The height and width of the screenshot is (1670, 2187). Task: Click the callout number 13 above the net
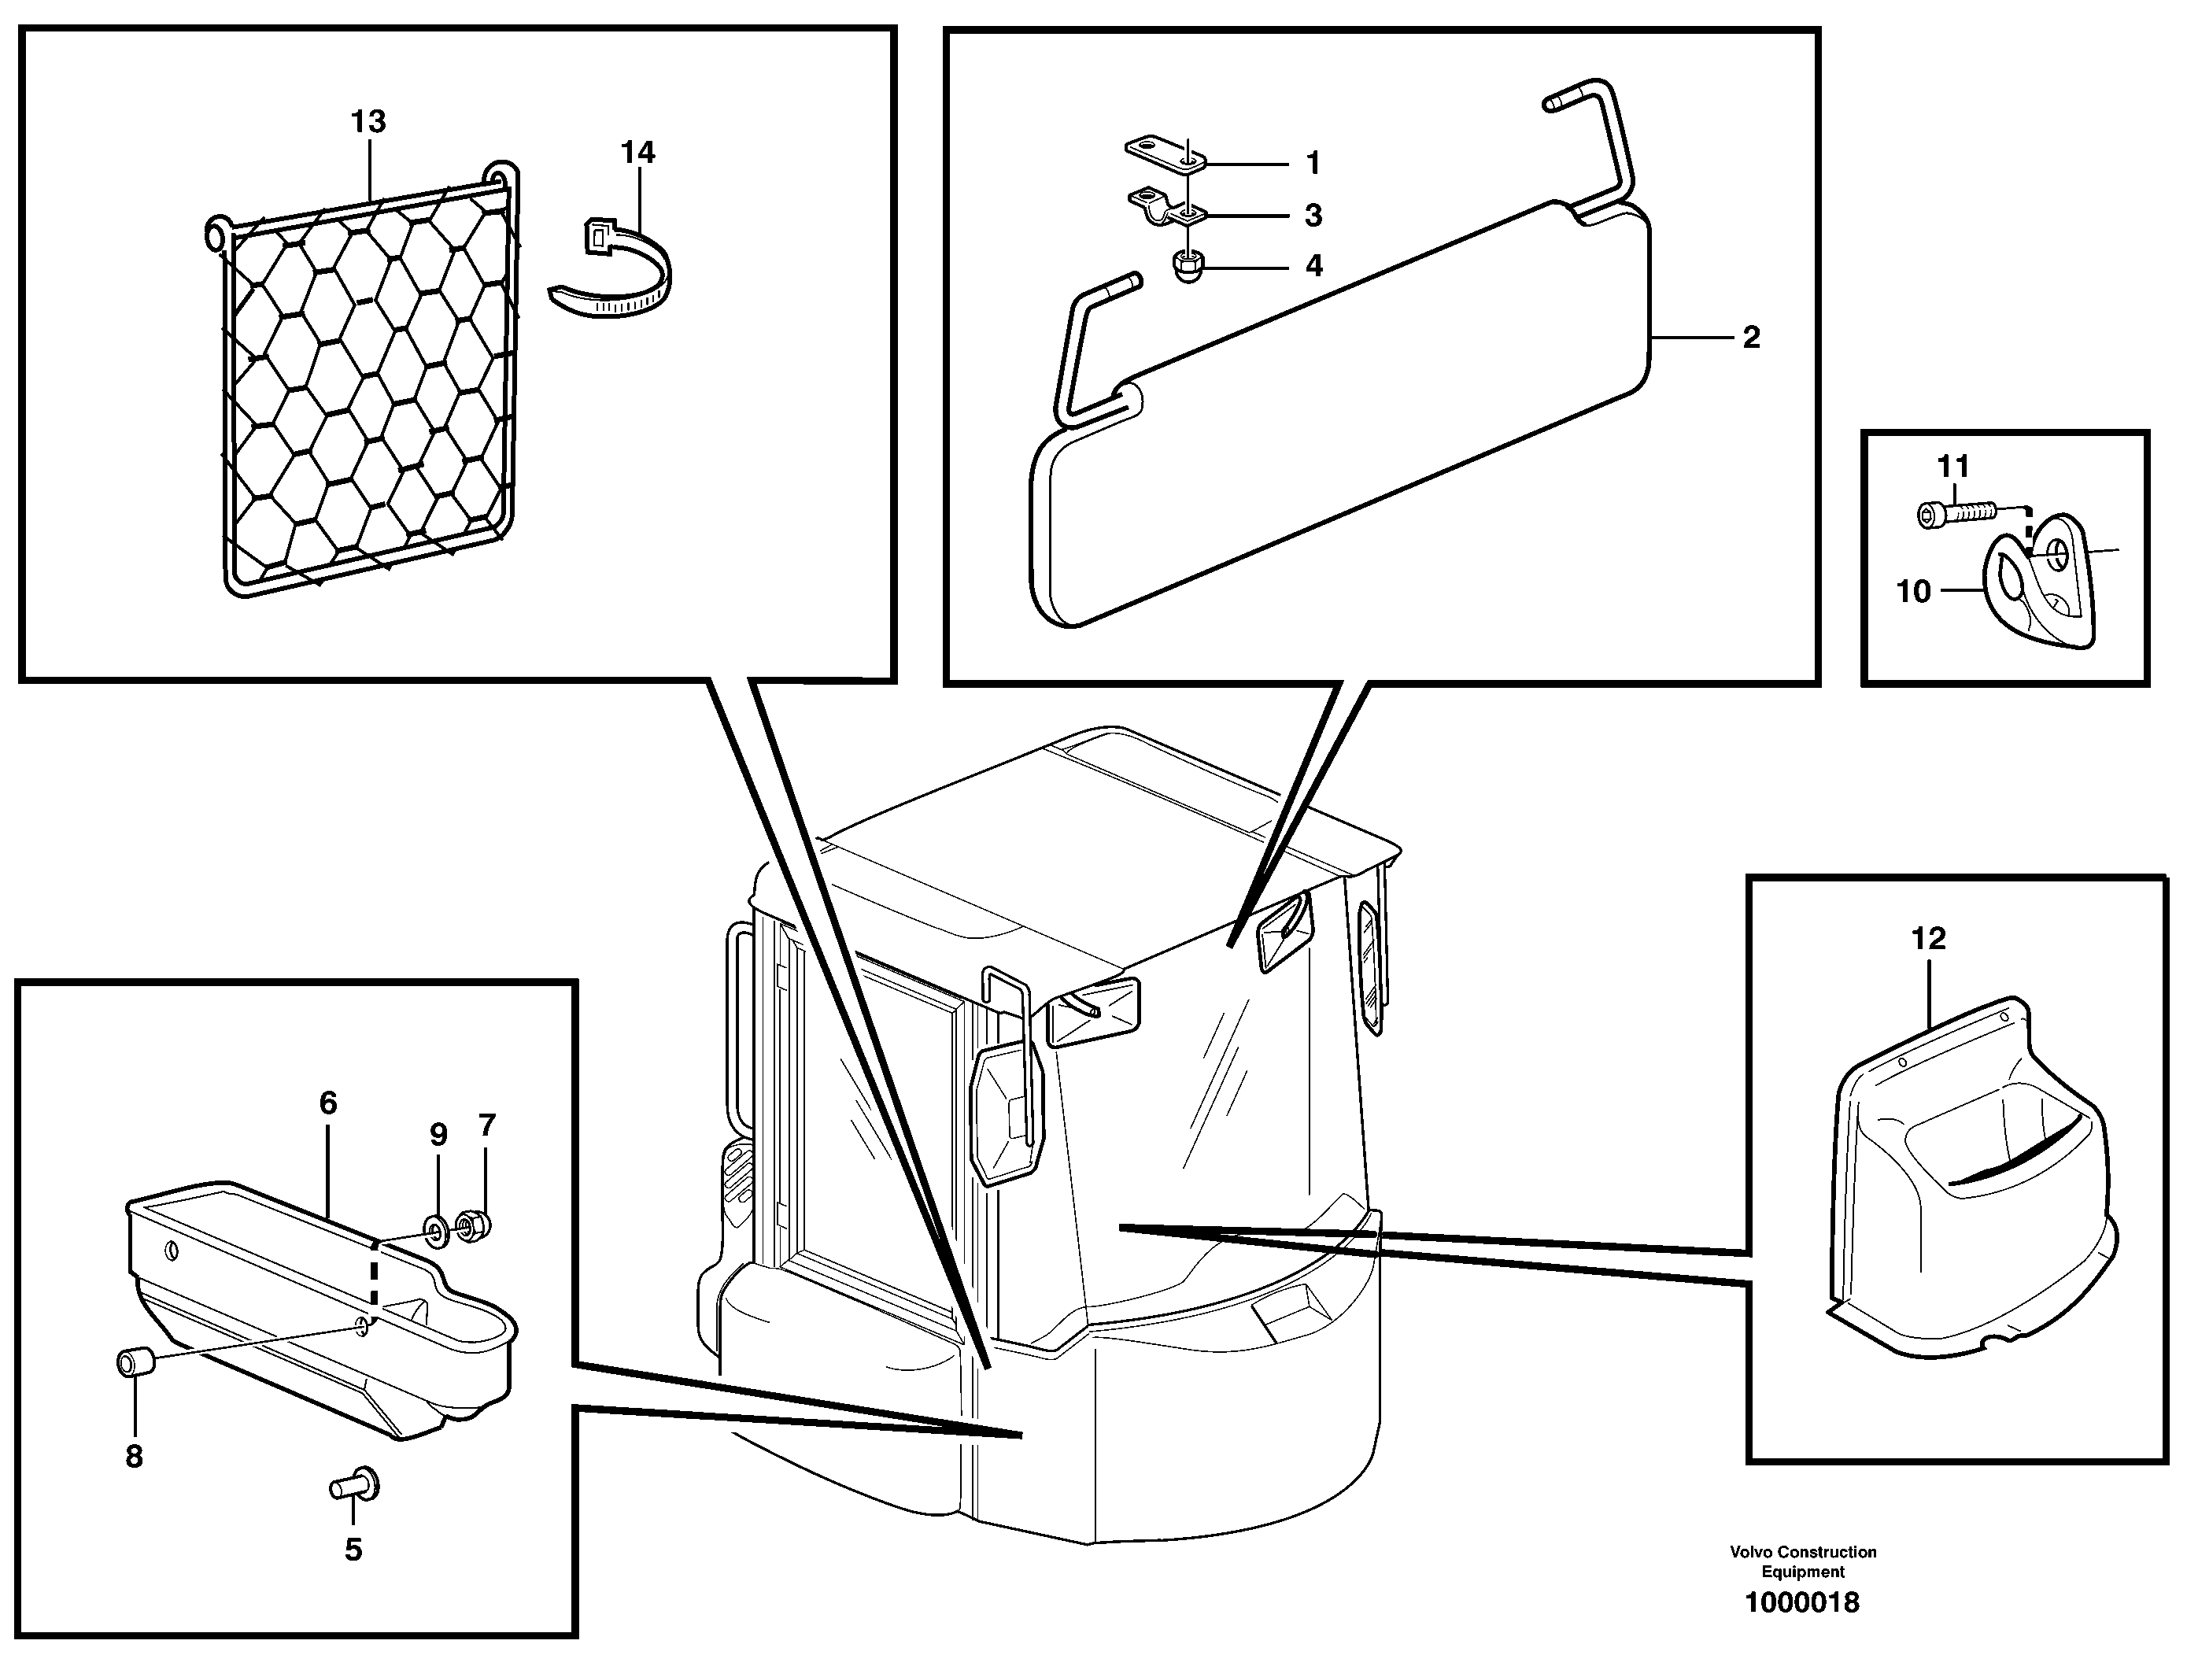[x=367, y=121]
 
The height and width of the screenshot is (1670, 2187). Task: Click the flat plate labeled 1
[x=1164, y=153]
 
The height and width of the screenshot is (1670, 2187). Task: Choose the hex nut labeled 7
[x=471, y=1224]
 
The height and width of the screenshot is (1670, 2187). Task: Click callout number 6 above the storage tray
[x=327, y=1103]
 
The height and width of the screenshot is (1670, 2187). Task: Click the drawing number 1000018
[x=1801, y=1630]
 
